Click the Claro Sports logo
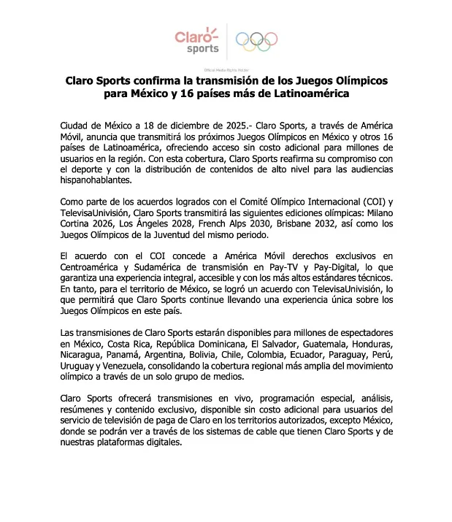point(197,39)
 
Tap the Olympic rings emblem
point(256,41)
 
